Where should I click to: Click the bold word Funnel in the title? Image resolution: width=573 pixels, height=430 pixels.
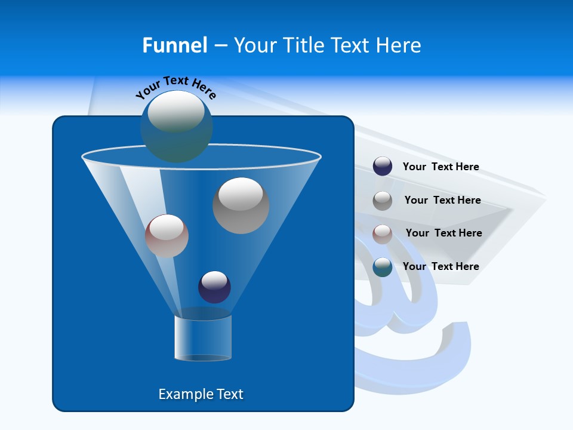[x=174, y=45]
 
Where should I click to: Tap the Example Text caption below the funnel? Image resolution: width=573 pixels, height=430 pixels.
[x=201, y=394]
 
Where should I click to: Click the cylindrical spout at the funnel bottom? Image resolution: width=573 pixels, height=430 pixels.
[x=203, y=337]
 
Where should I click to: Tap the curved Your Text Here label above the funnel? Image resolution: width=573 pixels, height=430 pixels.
[x=175, y=87]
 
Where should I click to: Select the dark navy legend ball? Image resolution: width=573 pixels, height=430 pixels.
[x=383, y=167]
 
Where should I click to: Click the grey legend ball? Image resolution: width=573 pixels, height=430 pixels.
[x=383, y=200]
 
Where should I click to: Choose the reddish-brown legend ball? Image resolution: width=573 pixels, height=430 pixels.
[x=383, y=234]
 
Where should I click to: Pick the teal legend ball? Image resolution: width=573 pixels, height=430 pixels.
[x=383, y=267]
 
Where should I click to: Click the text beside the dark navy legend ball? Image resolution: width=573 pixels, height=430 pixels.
[x=440, y=167]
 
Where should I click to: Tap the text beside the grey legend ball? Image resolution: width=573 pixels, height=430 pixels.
[x=442, y=200]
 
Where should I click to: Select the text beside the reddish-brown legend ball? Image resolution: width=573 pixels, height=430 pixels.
[x=443, y=233]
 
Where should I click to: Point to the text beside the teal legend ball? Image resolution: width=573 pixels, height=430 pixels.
[x=440, y=266]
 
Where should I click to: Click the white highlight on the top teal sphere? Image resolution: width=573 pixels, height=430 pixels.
[x=176, y=112]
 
